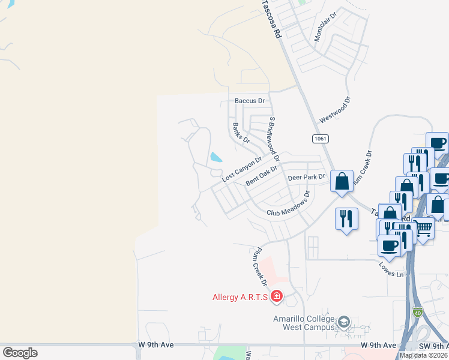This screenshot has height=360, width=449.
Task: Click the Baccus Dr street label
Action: tap(249, 101)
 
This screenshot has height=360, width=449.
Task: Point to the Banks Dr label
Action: tap(241, 132)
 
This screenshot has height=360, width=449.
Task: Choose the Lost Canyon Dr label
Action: tap(242, 170)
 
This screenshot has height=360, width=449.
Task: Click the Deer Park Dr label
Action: tap(306, 177)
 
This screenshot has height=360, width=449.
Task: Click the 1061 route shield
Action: tap(320, 139)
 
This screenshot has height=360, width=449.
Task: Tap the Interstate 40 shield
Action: tap(418, 312)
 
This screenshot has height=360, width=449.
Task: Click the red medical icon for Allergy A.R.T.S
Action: tap(276, 296)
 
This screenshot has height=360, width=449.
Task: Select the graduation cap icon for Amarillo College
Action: tap(343, 322)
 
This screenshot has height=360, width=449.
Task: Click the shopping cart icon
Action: tap(423, 227)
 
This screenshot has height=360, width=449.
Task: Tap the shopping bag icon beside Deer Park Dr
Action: tap(342, 181)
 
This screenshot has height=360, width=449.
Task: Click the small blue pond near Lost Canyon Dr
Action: tap(215, 158)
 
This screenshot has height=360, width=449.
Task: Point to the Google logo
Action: tap(20, 353)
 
